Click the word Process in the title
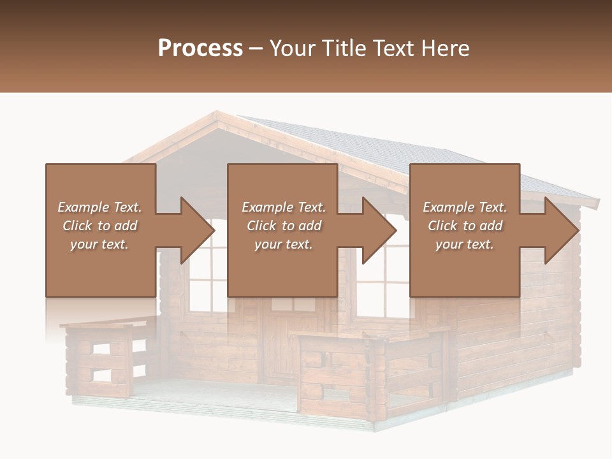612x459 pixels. [200, 48]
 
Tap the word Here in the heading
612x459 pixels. [444, 48]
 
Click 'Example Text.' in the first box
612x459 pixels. [99, 207]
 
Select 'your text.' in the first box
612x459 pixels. [99, 244]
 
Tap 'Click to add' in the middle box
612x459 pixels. [284, 226]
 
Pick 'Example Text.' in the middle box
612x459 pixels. [284, 207]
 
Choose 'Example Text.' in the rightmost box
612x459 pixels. [465, 207]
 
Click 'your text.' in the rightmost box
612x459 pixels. [465, 244]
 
